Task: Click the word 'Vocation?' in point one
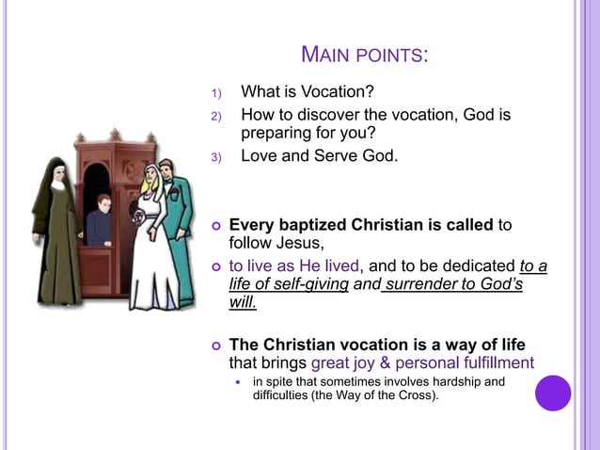pos(338,92)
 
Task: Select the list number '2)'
pos(214,117)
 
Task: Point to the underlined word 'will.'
pos(243,302)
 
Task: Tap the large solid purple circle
pos(553,393)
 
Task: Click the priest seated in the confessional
pos(100,224)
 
